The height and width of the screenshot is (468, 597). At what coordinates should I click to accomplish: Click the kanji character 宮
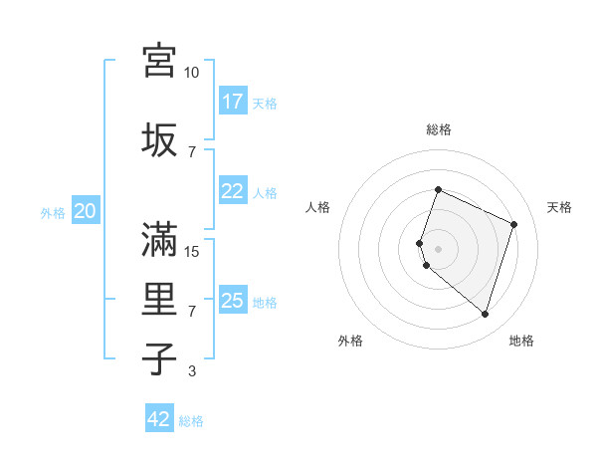click(159, 60)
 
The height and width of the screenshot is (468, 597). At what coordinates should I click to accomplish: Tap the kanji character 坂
click(159, 138)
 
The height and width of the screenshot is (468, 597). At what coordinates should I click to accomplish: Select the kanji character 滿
click(159, 238)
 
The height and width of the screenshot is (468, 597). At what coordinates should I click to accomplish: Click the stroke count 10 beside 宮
click(192, 73)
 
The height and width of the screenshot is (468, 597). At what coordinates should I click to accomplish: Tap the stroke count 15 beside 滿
click(192, 252)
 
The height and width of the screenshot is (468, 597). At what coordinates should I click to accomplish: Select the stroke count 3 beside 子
click(192, 371)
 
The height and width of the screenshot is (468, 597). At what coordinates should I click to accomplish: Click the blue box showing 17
click(233, 102)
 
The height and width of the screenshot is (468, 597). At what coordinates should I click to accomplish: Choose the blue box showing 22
click(233, 192)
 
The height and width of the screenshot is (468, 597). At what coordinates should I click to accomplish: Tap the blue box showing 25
click(233, 301)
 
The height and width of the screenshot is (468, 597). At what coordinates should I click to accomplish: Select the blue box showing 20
click(86, 211)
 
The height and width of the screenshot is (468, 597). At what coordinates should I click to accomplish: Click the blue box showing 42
click(159, 419)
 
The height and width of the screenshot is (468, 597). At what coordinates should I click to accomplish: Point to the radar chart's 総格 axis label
click(439, 129)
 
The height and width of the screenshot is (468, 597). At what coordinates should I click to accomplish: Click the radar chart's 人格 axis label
click(318, 207)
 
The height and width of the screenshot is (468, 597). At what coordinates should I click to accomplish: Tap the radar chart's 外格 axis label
click(350, 341)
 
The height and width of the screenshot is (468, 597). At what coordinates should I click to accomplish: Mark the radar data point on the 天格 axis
click(514, 224)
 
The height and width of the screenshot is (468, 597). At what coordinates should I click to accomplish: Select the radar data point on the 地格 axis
click(485, 315)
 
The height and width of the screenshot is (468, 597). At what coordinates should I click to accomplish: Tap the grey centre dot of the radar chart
click(438, 249)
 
